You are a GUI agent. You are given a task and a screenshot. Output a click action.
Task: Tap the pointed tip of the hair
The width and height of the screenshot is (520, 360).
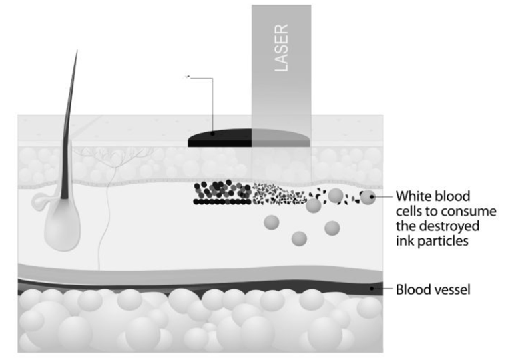click(x=77, y=52)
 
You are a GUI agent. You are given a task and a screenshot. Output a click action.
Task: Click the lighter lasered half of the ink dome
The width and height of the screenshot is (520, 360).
click(x=280, y=138)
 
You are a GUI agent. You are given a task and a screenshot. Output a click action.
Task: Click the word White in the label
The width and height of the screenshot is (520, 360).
click(x=413, y=196)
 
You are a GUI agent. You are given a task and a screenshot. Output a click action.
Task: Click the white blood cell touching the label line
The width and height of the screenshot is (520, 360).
click(x=368, y=197)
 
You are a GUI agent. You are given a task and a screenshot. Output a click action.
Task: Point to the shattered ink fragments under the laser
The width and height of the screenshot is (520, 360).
click(x=280, y=194)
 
